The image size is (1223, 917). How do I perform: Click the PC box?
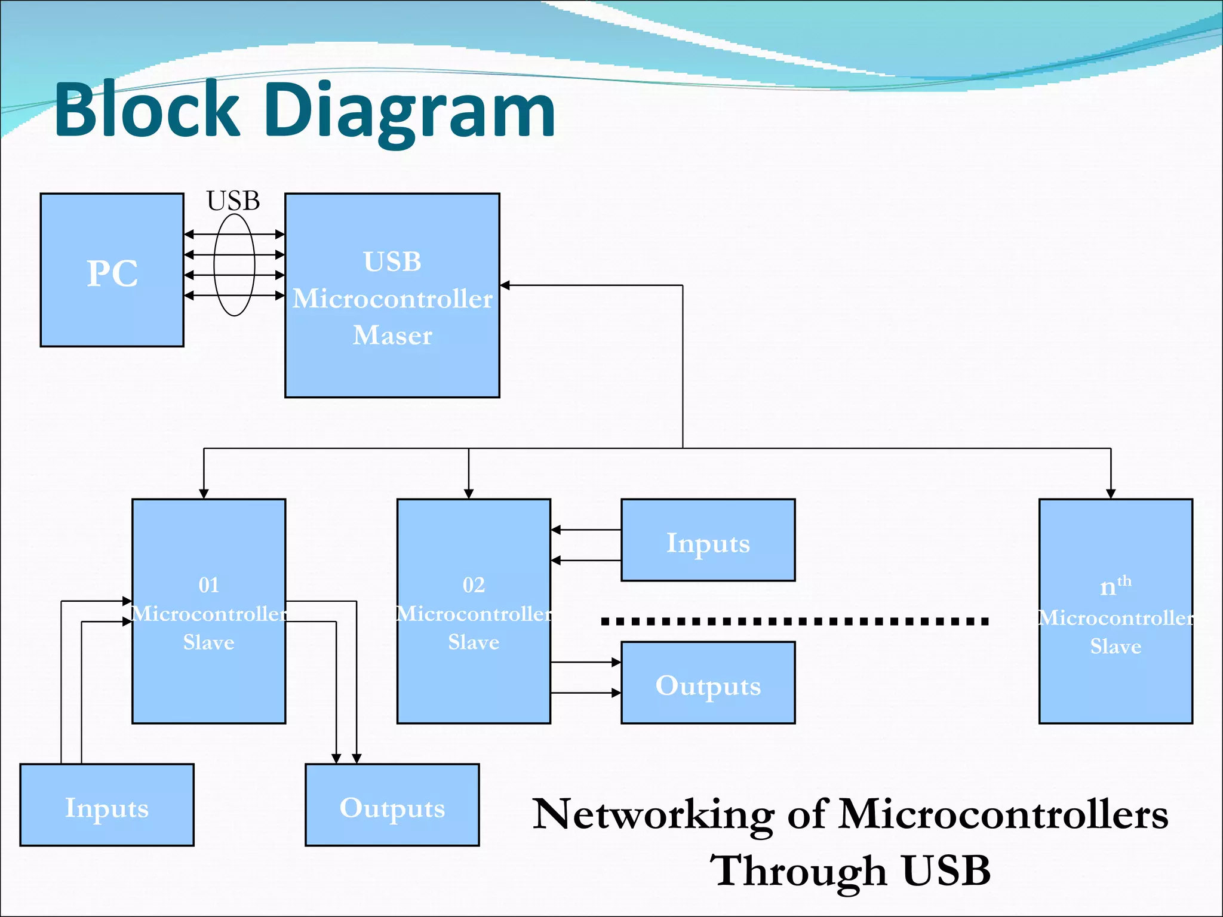tap(112, 270)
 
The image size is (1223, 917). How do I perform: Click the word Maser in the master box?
tap(392, 336)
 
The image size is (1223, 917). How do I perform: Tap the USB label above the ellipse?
tap(233, 201)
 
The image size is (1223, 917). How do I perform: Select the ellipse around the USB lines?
tap(215, 264)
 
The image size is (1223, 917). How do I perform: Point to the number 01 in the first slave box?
tap(208, 585)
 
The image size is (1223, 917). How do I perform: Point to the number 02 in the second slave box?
tap(474, 585)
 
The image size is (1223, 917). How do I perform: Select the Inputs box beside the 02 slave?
tap(708, 540)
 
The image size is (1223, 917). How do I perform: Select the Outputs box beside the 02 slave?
tap(708, 683)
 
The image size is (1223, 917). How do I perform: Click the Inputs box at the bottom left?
tap(106, 805)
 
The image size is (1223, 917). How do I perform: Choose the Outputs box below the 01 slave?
tap(392, 805)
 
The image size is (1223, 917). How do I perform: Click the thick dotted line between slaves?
tap(794, 621)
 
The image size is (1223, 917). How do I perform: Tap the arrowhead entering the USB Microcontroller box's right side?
tap(505, 285)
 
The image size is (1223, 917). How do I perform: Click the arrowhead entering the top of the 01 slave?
tap(204, 493)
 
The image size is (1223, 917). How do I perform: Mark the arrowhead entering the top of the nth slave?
tap(1111, 493)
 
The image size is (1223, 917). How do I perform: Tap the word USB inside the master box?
tap(392, 261)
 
